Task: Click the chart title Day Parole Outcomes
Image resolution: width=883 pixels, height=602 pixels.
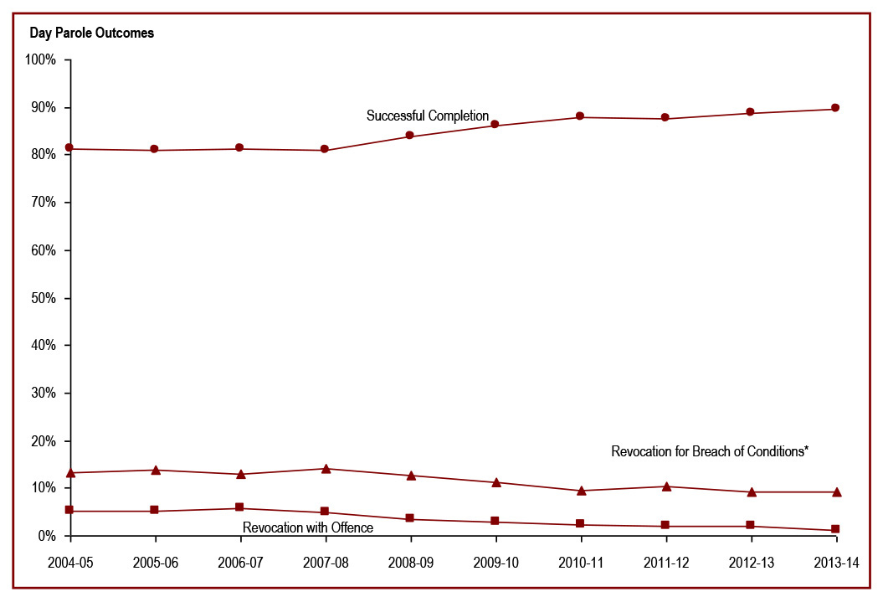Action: click(92, 33)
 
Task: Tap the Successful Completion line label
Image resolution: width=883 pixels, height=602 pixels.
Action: click(427, 116)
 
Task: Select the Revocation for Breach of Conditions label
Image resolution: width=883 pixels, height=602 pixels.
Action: click(709, 451)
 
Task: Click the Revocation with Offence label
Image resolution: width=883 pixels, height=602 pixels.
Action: click(307, 527)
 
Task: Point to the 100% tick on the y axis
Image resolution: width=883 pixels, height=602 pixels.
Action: click(41, 60)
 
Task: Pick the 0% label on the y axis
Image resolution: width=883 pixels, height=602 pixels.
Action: click(47, 536)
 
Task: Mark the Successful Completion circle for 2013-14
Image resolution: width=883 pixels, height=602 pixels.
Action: click(835, 108)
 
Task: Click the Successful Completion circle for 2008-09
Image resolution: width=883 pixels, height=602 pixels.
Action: click(409, 135)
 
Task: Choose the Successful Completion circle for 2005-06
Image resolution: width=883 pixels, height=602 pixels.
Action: click(155, 149)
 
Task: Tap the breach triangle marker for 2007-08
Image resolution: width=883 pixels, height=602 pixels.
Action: click(325, 468)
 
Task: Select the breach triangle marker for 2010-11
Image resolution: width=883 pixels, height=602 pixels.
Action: click(580, 490)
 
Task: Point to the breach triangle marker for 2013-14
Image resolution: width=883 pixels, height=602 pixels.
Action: click(835, 491)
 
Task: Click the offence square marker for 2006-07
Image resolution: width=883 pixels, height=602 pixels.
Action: click(239, 507)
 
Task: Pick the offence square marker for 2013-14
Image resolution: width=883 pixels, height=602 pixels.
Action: click(835, 529)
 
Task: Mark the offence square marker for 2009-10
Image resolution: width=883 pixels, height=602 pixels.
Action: click(495, 521)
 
